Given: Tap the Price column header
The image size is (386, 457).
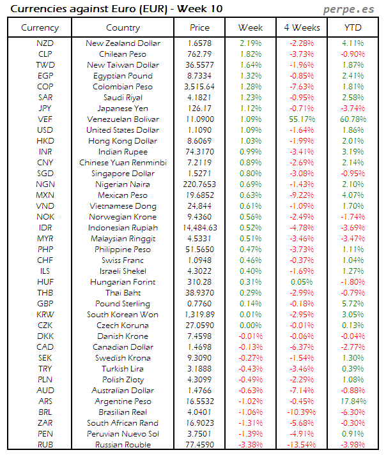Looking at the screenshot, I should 199,28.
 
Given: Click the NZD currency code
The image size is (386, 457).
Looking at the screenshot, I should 45,43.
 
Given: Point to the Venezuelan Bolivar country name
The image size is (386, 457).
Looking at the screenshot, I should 123,119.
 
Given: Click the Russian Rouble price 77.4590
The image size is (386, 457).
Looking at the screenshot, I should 199,445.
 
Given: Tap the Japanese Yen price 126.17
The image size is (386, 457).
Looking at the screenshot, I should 199,109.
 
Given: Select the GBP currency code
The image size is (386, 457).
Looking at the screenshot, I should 45,304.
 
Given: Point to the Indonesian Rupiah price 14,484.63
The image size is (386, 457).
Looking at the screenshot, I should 199,228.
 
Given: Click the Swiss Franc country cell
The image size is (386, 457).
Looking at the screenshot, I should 123,260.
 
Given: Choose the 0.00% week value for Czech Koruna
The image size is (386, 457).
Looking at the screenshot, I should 251,326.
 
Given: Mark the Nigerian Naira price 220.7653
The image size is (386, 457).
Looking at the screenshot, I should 199,184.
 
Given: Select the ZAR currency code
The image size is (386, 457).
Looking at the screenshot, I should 45,423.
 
